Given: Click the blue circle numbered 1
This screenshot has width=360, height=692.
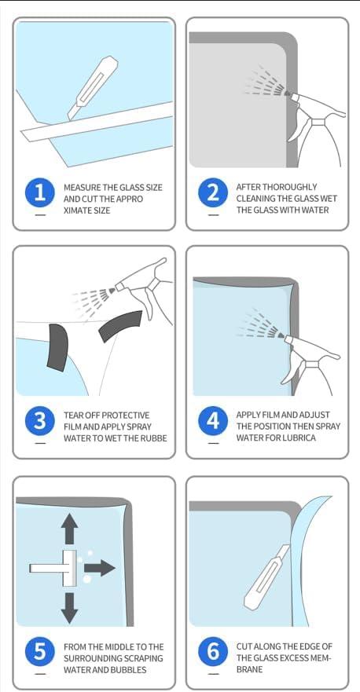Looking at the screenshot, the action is point(40,193).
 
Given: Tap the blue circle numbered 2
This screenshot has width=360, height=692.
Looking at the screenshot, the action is point(213,193).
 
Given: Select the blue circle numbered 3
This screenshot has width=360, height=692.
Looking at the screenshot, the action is point(40,421).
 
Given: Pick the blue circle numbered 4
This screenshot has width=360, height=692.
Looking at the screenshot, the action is point(213,421).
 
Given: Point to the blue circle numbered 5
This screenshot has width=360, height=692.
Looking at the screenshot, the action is point(40,652).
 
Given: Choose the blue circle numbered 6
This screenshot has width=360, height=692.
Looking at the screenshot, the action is point(213,652).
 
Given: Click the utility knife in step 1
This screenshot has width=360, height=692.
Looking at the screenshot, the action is point(92,88).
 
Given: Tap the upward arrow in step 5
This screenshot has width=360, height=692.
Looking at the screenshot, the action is point(69,529).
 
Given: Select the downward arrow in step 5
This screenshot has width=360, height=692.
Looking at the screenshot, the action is point(69,608).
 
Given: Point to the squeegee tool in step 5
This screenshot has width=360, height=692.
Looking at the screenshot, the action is point(53,568).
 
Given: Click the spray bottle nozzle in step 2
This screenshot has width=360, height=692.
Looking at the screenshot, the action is point(287,93).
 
